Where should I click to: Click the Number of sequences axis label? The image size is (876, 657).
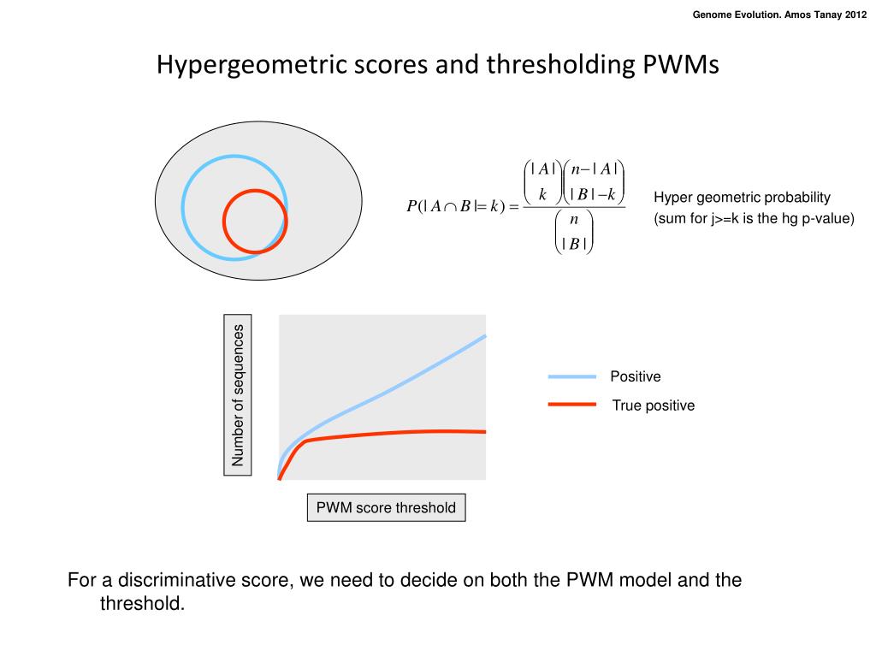tap(238, 395)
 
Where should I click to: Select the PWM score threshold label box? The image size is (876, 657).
tap(386, 507)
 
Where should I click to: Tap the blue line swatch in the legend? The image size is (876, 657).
tap(571, 376)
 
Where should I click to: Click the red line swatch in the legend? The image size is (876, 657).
tap(571, 405)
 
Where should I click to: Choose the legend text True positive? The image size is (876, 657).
tap(653, 405)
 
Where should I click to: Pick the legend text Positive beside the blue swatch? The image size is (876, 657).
tap(635, 376)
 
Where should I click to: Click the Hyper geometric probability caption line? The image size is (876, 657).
tap(742, 198)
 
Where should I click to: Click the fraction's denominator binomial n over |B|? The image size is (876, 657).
tap(573, 232)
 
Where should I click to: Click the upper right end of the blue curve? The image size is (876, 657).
tap(484, 336)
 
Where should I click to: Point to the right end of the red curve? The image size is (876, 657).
tap(484, 431)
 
